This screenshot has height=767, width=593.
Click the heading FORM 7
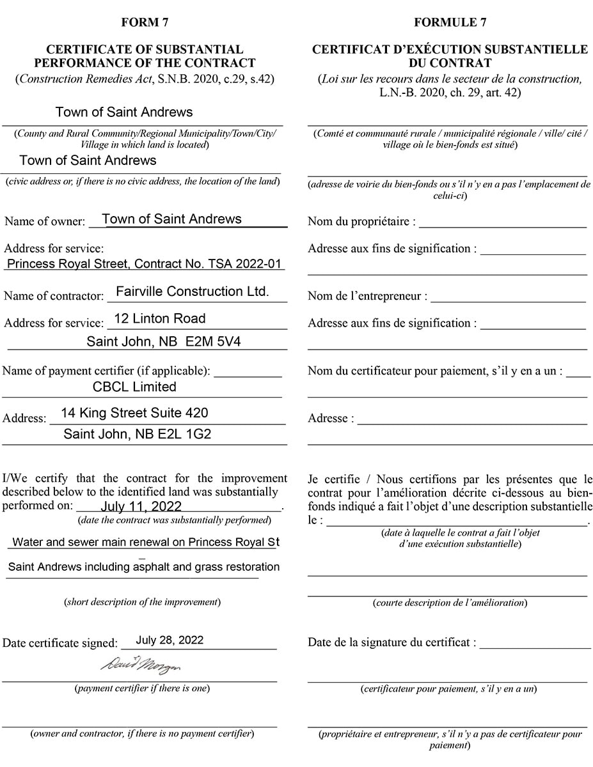click(x=145, y=22)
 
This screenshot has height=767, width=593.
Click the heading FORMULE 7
click(x=450, y=22)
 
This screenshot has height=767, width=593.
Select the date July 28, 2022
click(x=170, y=640)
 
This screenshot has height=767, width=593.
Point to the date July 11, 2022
click(x=141, y=507)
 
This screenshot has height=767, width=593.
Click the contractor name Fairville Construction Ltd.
click(x=192, y=291)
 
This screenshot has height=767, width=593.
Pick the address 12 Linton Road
click(x=160, y=319)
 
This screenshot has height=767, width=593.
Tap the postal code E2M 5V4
click(x=213, y=342)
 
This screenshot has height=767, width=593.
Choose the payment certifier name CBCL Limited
click(x=134, y=387)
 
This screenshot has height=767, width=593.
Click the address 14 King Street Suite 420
click(x=134, y=413)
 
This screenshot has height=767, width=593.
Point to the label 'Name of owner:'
click(x=45, y=221)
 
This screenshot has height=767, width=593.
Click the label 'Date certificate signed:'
click(x=60, y=643)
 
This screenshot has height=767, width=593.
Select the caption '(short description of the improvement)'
click(x=142, y=602)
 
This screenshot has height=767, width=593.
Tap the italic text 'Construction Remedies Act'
click(x=84, y=79)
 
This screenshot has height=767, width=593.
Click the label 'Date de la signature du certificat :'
click(x=391, y=642)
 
